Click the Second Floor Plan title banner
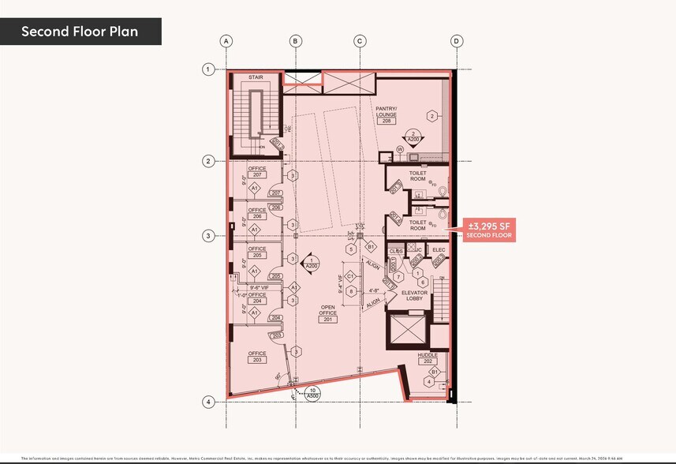coord(80,32)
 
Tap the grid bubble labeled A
coord(226,41)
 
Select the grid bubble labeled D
coord(455,41)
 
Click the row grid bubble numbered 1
coord(208,69)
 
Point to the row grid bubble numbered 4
coord(208,402)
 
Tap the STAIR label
coord(256,77)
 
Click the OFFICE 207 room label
coord(257,171)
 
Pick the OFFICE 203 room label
coord(257,356)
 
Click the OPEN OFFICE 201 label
coord(328,314)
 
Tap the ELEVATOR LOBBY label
coord(414,296)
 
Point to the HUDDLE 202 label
coord(428,358)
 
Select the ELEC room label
coord(439,251)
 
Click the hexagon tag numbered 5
coord(351,249)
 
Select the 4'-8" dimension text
coord(375,290)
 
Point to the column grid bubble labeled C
coord(359,41)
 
